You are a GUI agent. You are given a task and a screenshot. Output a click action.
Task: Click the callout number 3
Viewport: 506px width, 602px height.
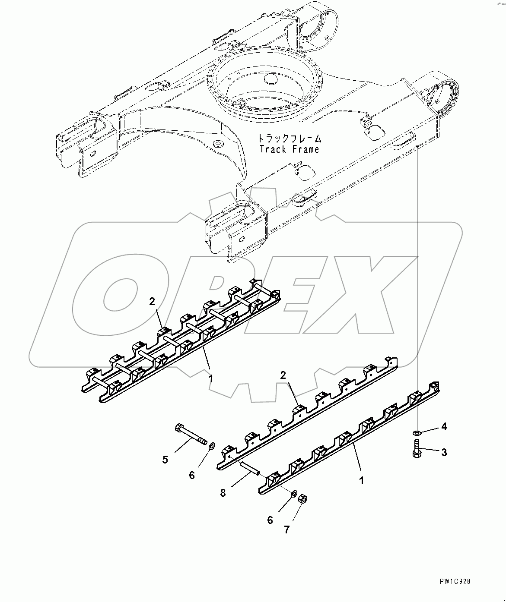[x=444, y=452]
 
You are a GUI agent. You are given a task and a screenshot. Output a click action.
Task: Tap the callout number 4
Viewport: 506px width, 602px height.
[x=444, y=427]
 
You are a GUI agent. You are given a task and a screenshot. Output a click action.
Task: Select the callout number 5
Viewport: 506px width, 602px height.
[x=165, y=460]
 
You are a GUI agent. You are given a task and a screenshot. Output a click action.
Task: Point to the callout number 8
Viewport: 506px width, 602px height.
[x=223, y=492]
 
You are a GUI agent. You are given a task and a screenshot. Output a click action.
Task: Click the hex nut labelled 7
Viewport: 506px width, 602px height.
[x=303, y=499]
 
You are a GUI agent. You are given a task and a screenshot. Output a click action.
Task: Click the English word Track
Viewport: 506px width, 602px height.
[x=273, y=149]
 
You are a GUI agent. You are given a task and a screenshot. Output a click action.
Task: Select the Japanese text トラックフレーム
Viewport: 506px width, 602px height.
[x=290, y=139]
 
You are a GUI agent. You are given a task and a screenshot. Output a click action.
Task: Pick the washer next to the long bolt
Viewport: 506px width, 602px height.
[x=212, y=445]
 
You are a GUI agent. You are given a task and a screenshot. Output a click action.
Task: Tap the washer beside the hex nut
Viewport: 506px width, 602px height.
[x=293, y=494]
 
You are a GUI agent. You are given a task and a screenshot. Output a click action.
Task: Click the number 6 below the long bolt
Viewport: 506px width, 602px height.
[x=191, y=475]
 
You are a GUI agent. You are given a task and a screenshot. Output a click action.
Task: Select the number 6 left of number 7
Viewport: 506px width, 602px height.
[x=270, y=520]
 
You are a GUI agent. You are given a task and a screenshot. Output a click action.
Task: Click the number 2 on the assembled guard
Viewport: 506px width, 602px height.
[x=152, y=302]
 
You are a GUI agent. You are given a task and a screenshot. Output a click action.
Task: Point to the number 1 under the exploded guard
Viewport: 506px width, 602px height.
[x=361, y=480]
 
